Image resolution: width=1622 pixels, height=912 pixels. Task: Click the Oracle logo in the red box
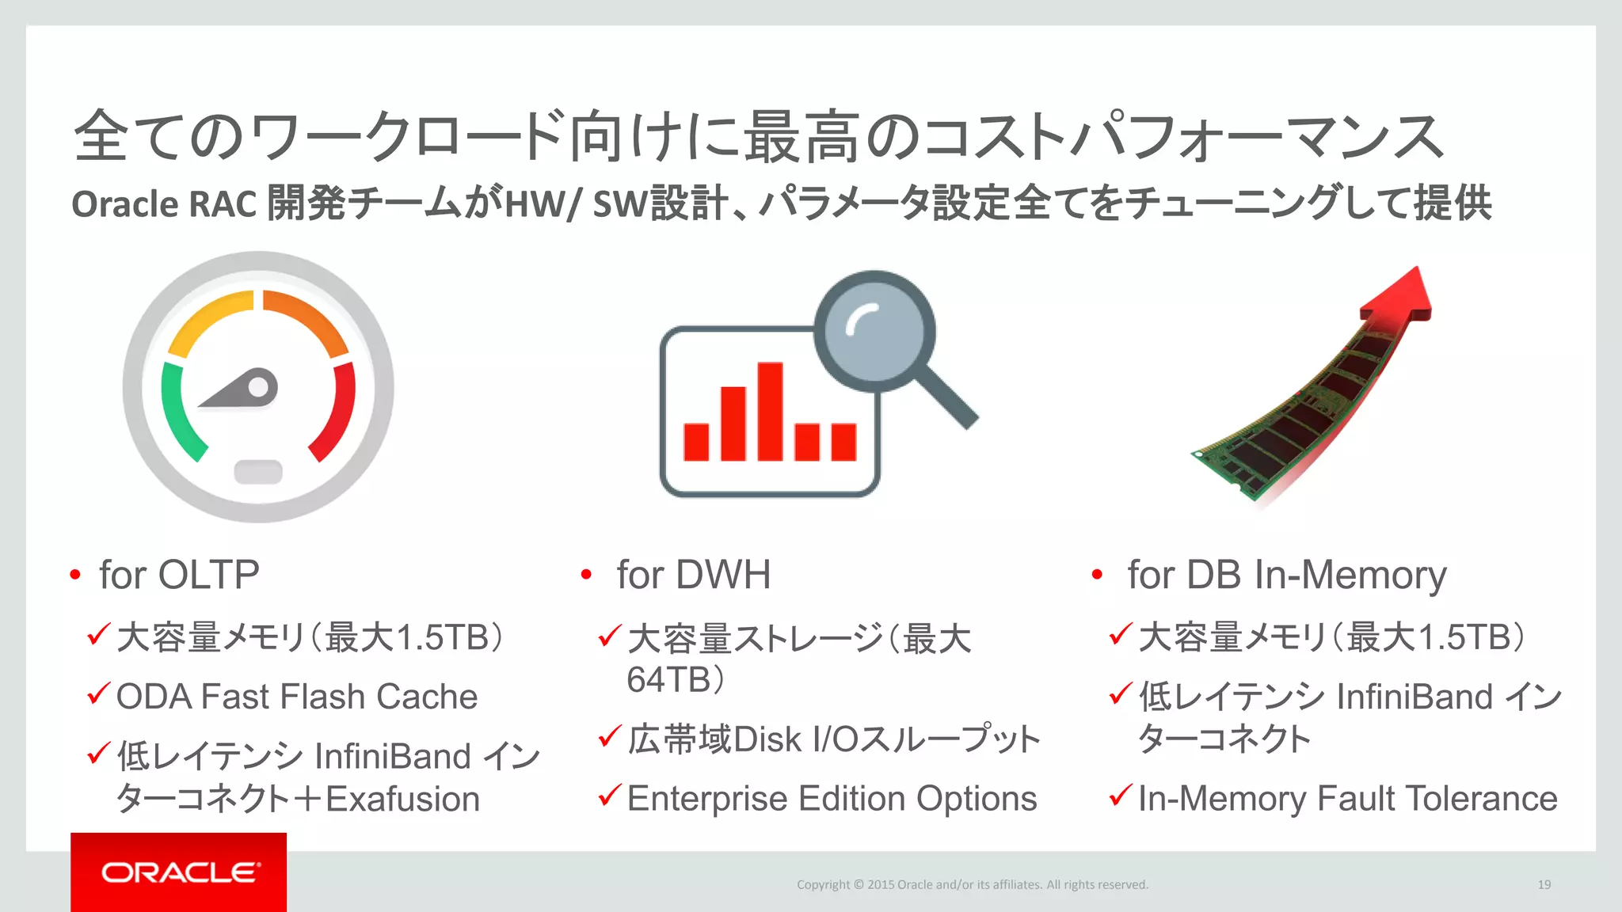tap(180, 872)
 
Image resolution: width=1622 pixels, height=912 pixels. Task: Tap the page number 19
tap(1544, 884)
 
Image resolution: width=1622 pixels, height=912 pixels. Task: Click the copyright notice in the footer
tap(972, 884)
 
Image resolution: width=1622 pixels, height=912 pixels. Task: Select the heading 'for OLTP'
tap(179, 575)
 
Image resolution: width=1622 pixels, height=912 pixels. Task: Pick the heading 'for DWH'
tap(693, 575)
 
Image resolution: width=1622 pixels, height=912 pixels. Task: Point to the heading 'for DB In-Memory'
tap(1286, 575)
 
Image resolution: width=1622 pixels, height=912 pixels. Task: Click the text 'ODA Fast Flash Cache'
tap(297, 697)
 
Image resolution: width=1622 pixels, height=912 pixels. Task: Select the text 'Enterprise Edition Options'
tap(832, 798)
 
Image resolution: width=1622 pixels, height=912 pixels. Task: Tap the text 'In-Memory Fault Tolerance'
tap(1347, 798)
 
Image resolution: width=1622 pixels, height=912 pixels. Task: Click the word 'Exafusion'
tap(403, 799)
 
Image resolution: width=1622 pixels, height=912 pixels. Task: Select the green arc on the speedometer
tap(177, 412)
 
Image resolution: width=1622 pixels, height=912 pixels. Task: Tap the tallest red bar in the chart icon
tap(770, 411)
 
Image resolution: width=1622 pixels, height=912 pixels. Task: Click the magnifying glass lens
tap(875, 331)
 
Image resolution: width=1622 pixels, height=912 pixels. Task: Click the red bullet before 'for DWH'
tap(586, 575)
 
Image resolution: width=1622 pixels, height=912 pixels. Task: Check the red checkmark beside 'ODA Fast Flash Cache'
tap(98, 695)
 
